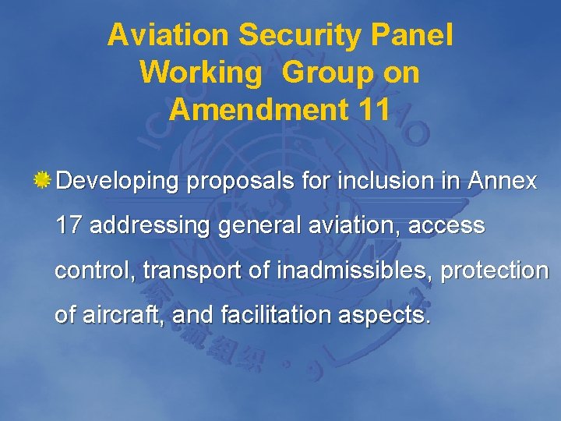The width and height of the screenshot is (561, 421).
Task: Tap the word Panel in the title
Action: coord(418,34)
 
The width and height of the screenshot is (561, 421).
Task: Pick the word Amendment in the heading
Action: coord(254,110)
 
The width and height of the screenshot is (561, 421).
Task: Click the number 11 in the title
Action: coord(371,110)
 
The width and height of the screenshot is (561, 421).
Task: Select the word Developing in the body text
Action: coord(118,182)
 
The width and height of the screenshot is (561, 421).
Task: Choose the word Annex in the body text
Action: coord(502,182)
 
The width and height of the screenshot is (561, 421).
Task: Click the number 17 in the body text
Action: coord(69,226)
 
